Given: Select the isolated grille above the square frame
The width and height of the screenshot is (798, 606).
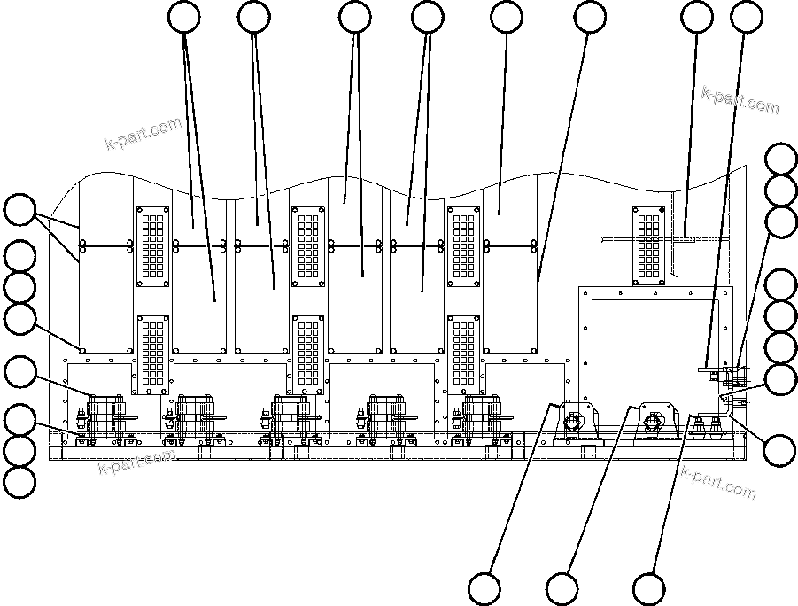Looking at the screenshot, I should [x=649, y=245].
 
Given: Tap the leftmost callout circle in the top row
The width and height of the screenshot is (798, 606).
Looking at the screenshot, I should [x=184, y=17].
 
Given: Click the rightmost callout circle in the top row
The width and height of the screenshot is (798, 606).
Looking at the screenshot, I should [x=748, y=17].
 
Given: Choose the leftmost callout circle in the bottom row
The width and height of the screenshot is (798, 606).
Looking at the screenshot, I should [x=484, y=588].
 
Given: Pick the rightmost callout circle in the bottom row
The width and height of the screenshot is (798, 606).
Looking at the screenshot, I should [x=648, y=588].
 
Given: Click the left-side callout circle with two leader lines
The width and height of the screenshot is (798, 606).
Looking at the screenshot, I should [x=19, y=210].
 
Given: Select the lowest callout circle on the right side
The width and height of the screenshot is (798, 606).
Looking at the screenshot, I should [x=780, y=449].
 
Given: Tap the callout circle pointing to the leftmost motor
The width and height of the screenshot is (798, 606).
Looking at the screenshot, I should [x=19, y=371].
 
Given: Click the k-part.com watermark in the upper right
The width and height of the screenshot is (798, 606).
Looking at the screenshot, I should [x=740, y=101].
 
